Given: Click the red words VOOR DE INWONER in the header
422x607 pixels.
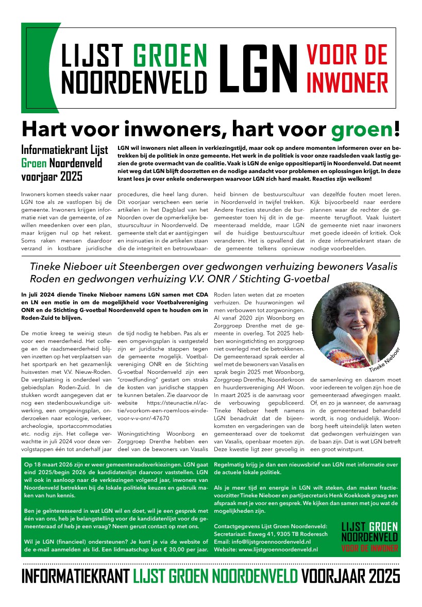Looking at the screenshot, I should point(347,67).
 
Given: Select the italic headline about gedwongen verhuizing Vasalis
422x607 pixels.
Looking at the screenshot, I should point(179,272).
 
